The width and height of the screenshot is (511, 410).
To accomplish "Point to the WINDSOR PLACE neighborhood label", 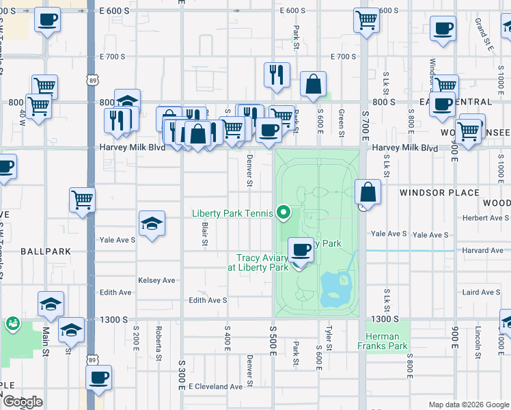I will tap(439, 193).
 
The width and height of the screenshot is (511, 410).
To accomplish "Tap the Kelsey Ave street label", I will tap(156, 280).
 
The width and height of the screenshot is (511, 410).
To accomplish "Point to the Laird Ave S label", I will tap(481, 292).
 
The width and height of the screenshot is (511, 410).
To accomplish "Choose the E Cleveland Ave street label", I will tap(216, 386).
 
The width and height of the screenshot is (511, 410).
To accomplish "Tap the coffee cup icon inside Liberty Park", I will tap(301, 248).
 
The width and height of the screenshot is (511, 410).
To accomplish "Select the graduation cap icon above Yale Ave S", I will tap(152, 223).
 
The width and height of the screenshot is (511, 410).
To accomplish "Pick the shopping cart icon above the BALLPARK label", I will tap(82, 200).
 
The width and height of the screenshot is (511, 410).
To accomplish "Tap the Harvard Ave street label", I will tap(483, 250).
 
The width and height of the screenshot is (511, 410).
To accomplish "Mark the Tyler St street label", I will tap(329, 338).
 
